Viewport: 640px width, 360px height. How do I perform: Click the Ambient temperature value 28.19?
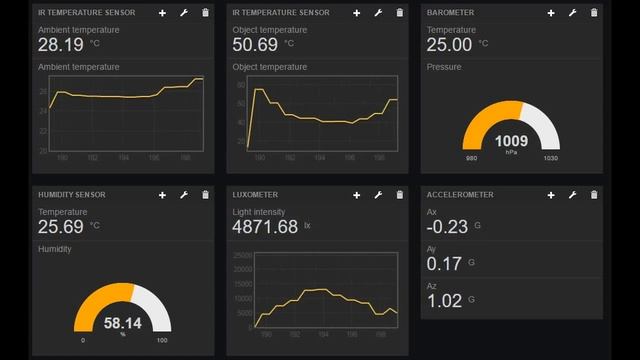(x=60, y=45)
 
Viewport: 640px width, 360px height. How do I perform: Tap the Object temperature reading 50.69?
(x=255, y=45)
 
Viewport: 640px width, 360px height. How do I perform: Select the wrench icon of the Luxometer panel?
(x=379, y=195)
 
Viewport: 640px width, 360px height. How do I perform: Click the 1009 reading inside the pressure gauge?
(x=511, y=141)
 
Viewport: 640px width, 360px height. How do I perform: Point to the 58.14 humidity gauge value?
(x=123, y=324)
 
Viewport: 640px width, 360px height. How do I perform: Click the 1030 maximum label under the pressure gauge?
(x=551, y=159)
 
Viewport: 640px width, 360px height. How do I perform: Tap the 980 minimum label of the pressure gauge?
(x=472, y=159)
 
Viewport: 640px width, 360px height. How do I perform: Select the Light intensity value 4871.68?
(x=265, y=227)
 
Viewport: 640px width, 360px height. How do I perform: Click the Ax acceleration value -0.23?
(x=447, y=227)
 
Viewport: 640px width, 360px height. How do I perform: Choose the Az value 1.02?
(x=444, y=300)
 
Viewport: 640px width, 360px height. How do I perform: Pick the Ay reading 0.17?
(x=444, y=264)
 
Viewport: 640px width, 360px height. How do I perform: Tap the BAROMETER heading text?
(x=450, y=13)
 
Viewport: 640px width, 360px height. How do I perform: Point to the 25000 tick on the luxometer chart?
(x=240, y=256)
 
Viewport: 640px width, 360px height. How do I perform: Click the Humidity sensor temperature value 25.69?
(x=60, y=227)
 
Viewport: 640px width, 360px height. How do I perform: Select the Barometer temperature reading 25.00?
(x=449, y=45)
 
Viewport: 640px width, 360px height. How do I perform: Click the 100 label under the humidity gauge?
(x=162, y=341)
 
